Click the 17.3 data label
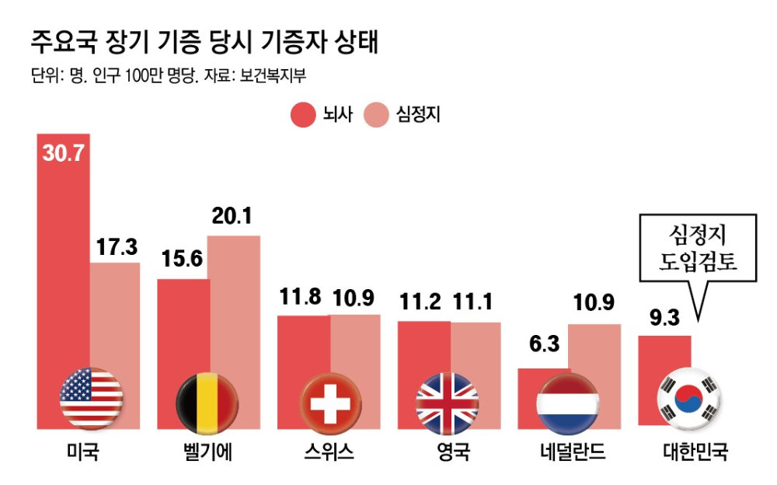[x=117, y=248]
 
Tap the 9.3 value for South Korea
[x=664, y=318]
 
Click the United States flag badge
[x=91, y=398]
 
